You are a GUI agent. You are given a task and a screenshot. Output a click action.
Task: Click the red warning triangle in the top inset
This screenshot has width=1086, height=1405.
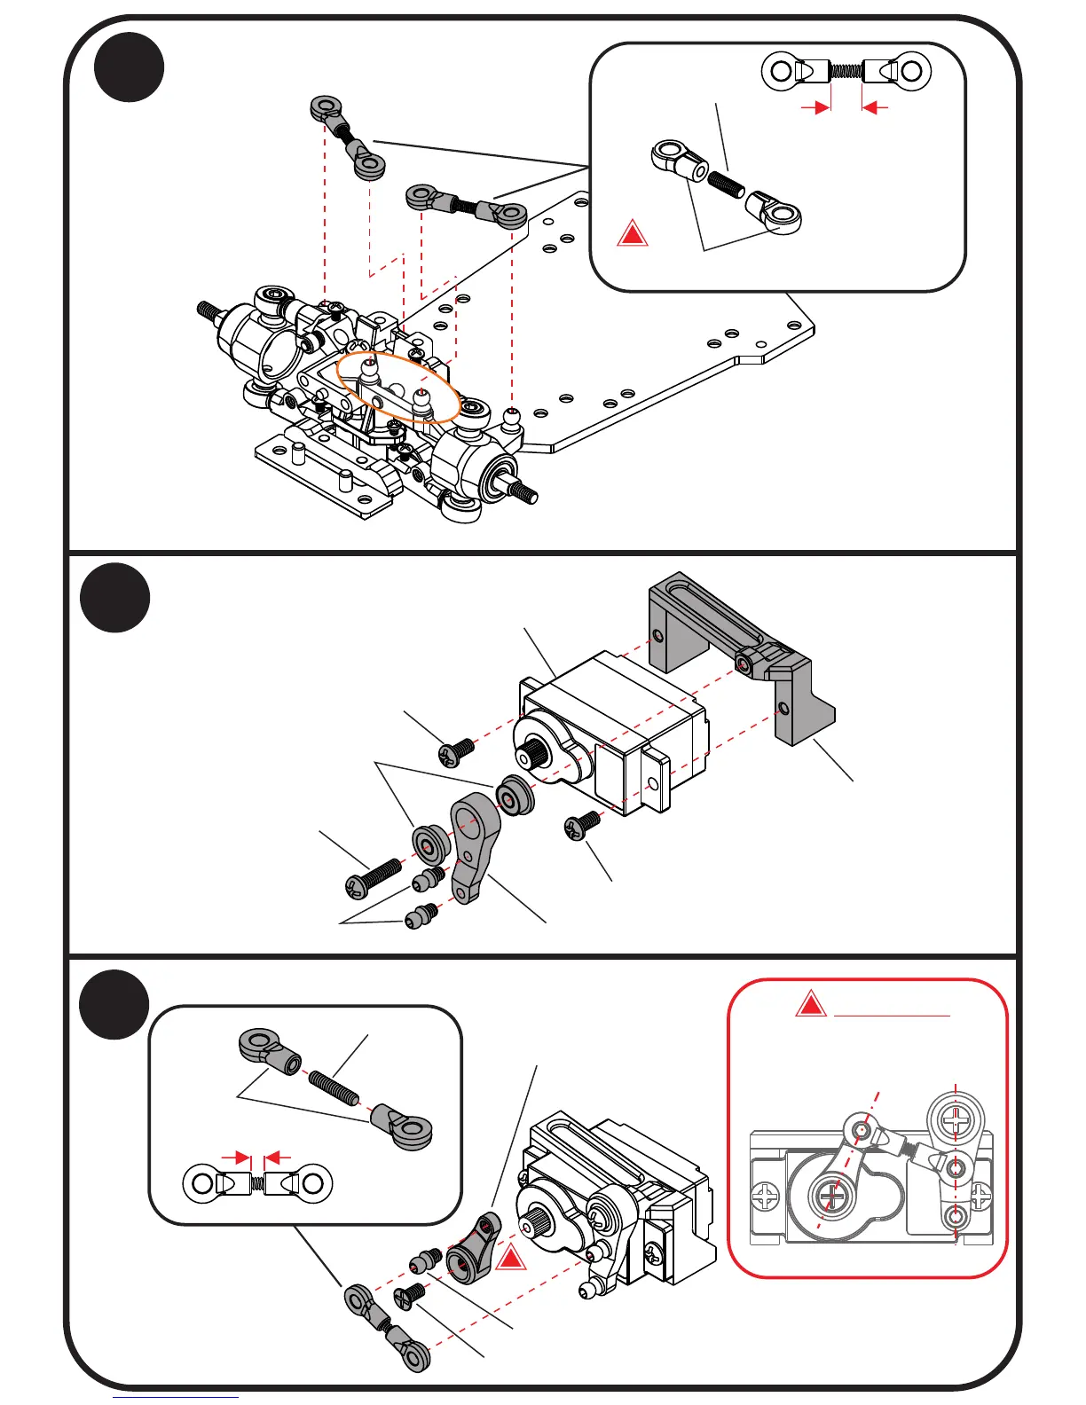(x=632, y=233)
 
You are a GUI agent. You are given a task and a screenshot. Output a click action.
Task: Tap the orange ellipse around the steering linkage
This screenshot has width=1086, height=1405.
(x=398, y=385)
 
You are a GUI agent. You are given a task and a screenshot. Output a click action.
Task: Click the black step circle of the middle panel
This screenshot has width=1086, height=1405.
(x=115, y=598)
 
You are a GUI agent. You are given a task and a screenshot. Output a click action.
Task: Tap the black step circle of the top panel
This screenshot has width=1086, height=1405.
(x=130, y=67)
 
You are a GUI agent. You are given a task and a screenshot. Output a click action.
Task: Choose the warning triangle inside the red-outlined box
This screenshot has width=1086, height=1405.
(x=810, y=1006)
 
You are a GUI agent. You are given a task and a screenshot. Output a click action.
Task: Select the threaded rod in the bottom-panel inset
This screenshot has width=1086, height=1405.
(x=334, y=1087)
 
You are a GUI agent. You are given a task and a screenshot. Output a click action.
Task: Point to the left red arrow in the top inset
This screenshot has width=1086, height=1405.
(x=815, y=107)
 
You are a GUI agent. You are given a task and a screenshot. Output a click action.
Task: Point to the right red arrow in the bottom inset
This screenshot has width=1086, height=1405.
(x=279, y=1158)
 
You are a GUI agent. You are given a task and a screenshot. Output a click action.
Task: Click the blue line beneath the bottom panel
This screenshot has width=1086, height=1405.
(x=176, y=1398)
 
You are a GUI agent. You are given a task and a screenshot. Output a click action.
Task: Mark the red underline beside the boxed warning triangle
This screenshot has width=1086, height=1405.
(x=892, y=1015)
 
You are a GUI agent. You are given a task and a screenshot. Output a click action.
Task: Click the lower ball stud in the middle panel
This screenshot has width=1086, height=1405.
(x=421, y=915)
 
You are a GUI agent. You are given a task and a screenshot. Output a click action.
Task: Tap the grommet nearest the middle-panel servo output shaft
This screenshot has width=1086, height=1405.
(x=514, y=795)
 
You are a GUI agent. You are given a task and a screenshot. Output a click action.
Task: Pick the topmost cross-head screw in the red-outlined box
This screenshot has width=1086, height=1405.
(x=956, y=1120)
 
